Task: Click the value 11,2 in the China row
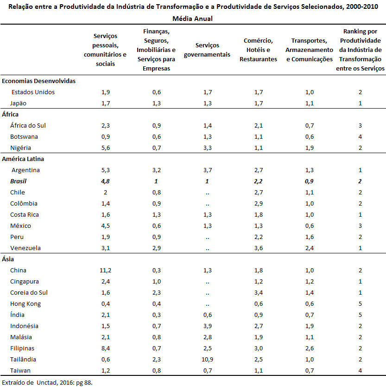pos(105,270)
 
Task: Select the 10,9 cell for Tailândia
pos(207,359)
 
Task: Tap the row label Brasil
pos(18,181)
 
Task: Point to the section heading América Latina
pos(23,159)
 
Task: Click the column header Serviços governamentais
pos(207,50)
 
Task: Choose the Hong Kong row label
pos(25,304)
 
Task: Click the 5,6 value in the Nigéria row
pos(106,148)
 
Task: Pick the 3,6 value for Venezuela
pos(259,248)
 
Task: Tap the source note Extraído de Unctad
pos(47,382)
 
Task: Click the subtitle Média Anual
pos(192,19)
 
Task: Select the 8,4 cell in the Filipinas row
pos(106,348)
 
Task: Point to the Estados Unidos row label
pos(33,92)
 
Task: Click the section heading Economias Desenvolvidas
pos(39,81)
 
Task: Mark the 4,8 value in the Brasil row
pos(105,181)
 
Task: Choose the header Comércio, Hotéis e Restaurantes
pos(258,50)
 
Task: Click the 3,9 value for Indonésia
pos(208,326)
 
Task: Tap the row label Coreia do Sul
pos(29,292)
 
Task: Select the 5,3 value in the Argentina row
pos(106,170)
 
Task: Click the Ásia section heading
pos(8,259)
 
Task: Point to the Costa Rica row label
pos(25,215)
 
